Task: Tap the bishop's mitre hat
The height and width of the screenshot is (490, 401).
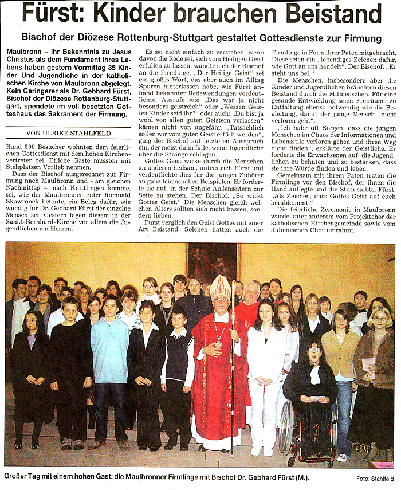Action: pyautogui.click(x=221, y=287)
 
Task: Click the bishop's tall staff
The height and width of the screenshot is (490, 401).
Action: pyautogui.click(x=233, y=373)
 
